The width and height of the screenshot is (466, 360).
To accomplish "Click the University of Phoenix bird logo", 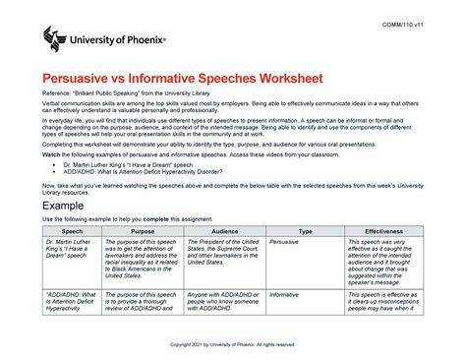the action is [x=56, y=41].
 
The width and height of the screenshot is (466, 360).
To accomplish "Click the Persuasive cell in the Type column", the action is [x=285, y=241].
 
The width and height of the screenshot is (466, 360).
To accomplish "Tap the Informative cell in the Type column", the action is [x=285, y=294].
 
